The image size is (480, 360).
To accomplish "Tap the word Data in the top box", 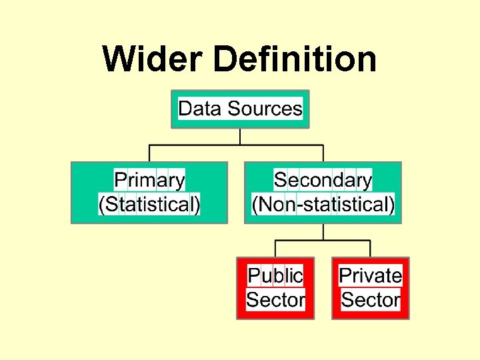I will [200, 108].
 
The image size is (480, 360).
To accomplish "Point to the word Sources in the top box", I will [265, 108].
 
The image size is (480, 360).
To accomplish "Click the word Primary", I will [149, 180].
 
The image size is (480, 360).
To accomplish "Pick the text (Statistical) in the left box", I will [149, 204].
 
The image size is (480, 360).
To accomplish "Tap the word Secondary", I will [323, 180].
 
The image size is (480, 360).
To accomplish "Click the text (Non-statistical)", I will [323, 204].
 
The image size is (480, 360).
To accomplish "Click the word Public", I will [275, 275].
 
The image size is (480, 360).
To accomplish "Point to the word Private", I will [371, 275].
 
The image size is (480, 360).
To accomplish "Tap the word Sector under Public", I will [275, 299].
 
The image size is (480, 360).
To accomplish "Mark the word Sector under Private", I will [371, 299].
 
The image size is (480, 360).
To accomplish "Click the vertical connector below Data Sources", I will [240, 136].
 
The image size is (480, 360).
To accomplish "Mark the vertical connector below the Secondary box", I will [323, 231].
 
